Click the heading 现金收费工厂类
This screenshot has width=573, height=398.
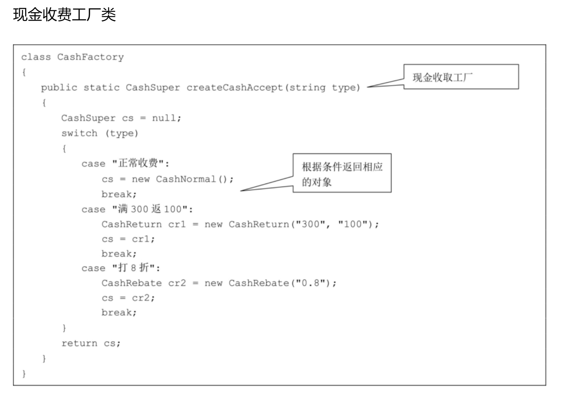pos(65,15)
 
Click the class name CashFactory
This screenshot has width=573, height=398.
pos(90,57)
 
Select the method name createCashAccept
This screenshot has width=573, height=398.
pos(235,88)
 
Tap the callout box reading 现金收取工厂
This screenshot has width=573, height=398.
pos(461,77)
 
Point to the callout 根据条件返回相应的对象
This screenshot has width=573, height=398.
pos(342,173)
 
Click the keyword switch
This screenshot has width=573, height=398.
pos(79,133)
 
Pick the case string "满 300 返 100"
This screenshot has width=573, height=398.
pos(150,209)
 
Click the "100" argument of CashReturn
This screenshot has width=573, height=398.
pos(353,224)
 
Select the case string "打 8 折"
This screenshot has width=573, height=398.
pos(134,268)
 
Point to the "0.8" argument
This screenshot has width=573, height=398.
pos(311,283)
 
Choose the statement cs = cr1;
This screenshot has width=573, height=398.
pos(128,239)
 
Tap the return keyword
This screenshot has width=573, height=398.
pos(79,343)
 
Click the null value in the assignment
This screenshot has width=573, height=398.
pos(164,118)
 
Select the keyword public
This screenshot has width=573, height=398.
pos(59,88)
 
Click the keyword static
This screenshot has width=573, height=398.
pos(102,88)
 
